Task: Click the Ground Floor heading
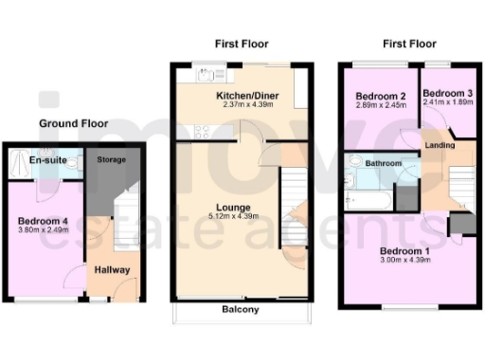[x=73, y=123]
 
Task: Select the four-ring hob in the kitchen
[x=203, y=132]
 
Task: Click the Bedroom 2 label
[x=373, y=97]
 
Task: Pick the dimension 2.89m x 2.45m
[x=373, y=106]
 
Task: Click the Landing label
[x=439, y=145]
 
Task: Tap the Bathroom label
[x=385, y=164]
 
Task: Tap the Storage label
[x=112, y=160]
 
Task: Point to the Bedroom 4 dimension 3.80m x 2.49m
[x=43, y=228]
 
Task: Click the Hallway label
[x=112, y=269]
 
